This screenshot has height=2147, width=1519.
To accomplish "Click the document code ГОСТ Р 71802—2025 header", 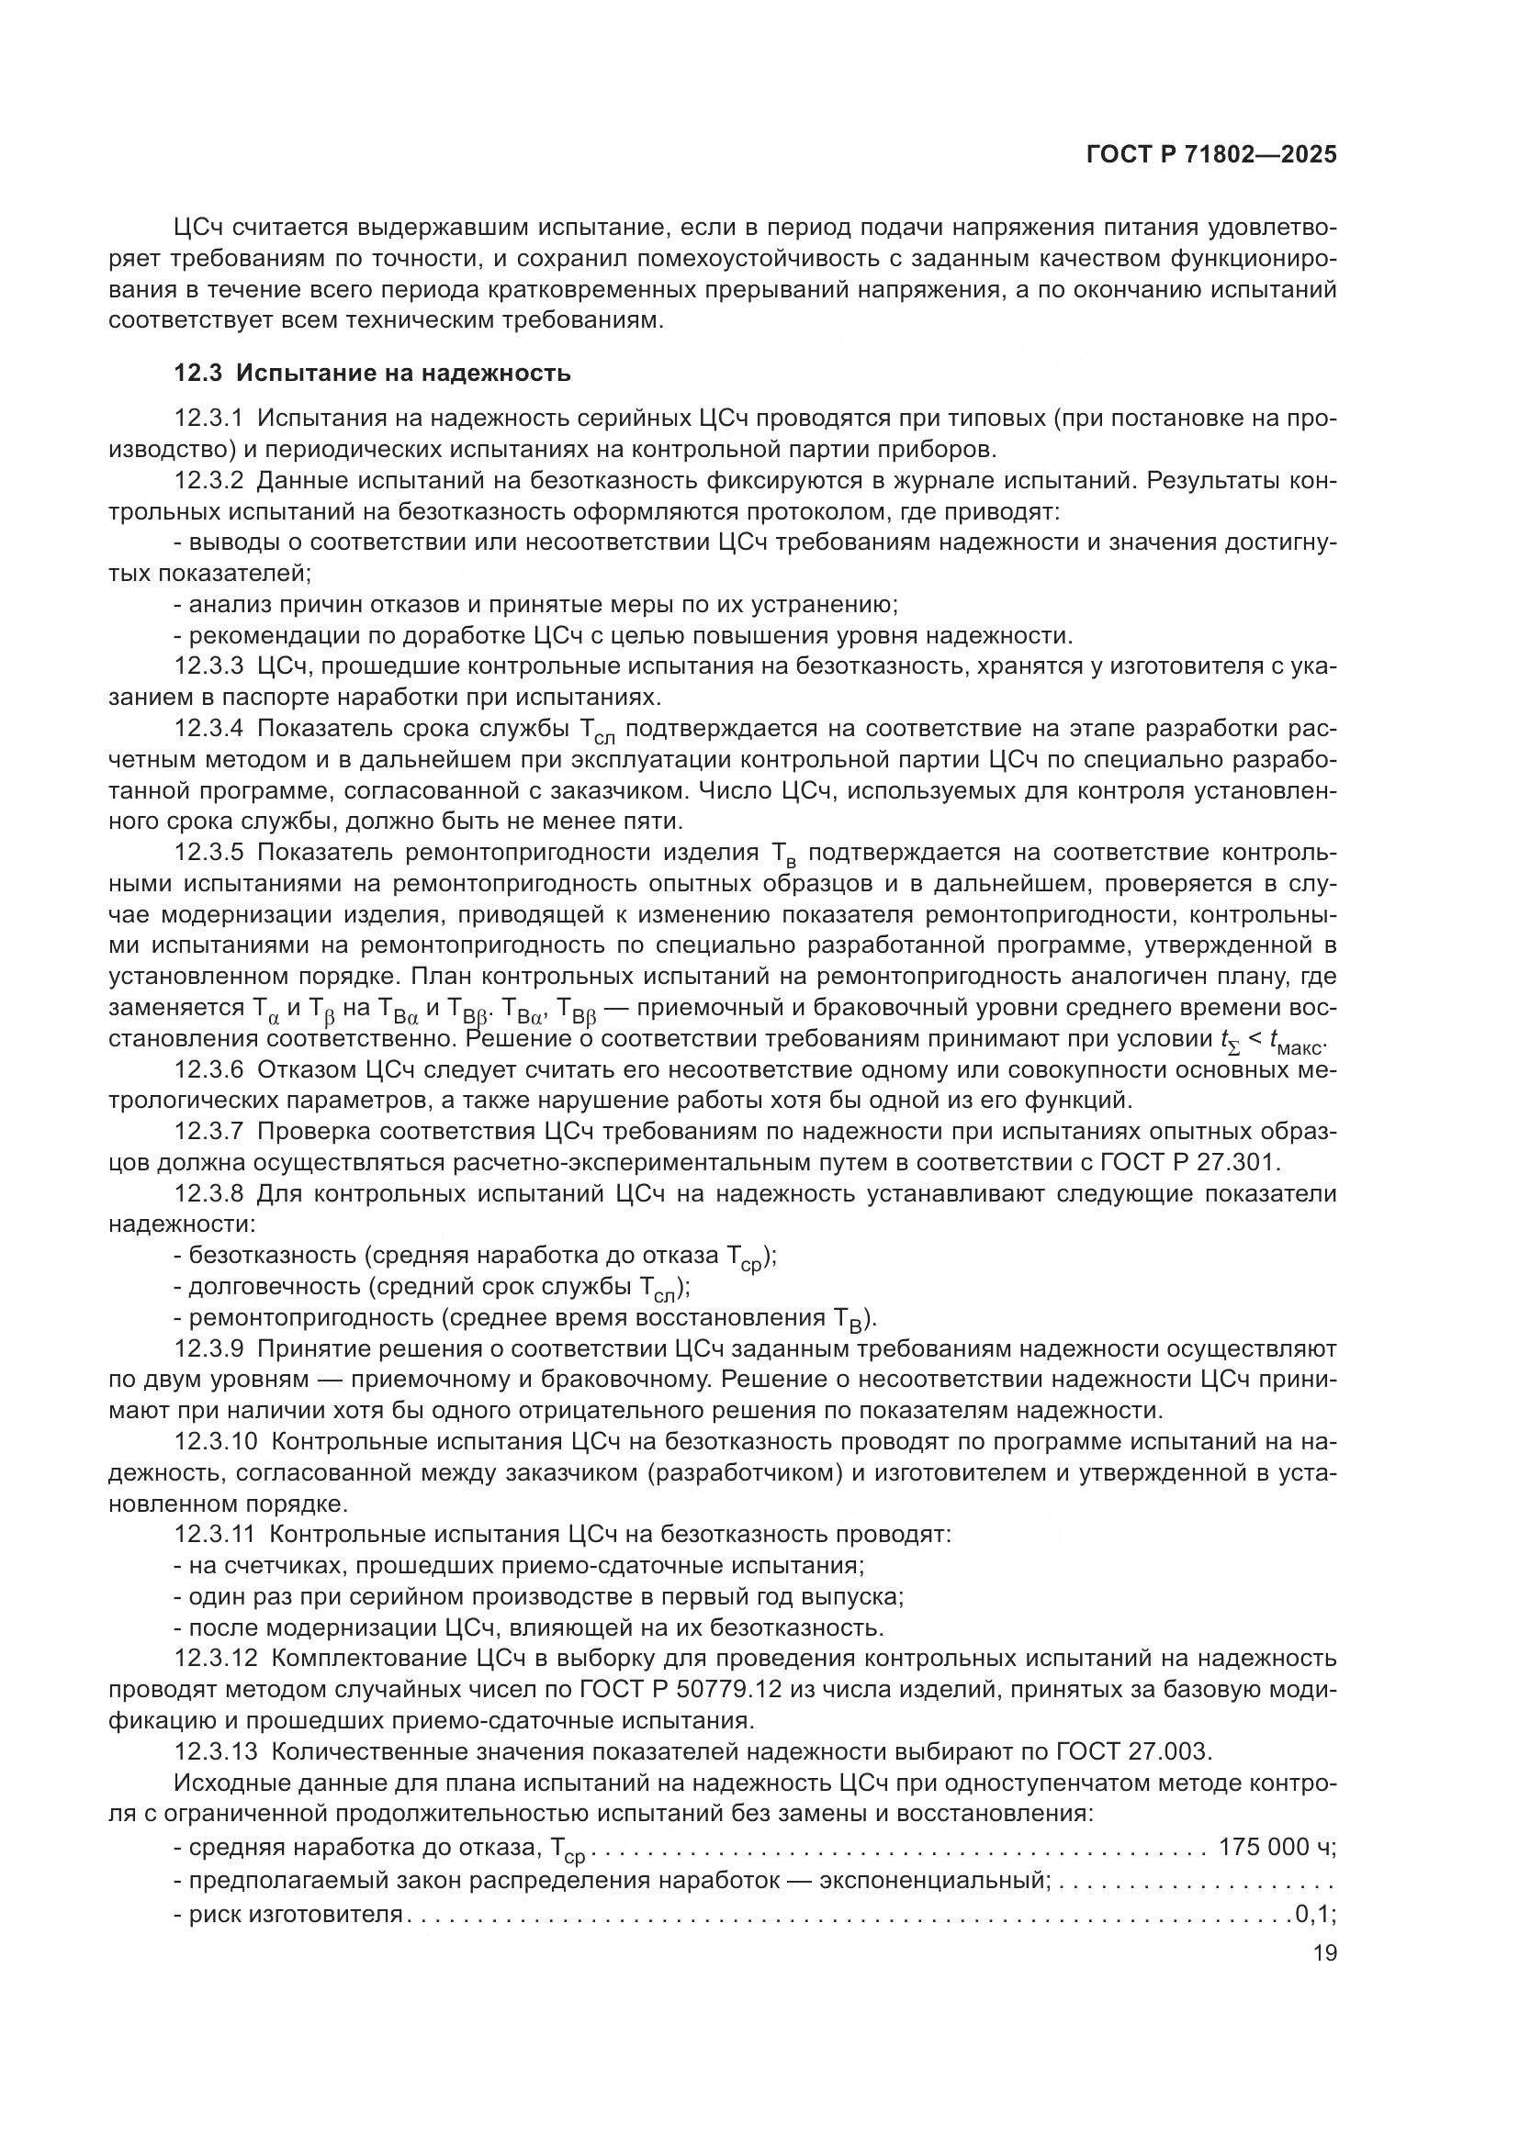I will (x=1211, y=155).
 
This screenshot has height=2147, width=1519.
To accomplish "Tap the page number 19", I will (x=1324, y=1952).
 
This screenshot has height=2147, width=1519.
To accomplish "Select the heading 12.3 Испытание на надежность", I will (x=372, y=373).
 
